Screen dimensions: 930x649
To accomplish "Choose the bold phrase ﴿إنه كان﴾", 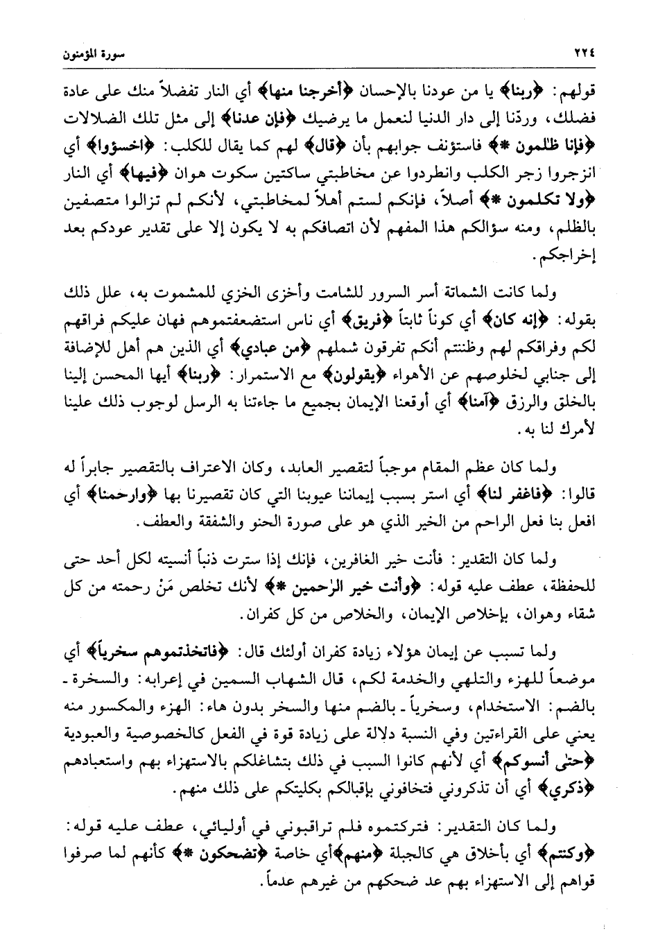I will point(510,322).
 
